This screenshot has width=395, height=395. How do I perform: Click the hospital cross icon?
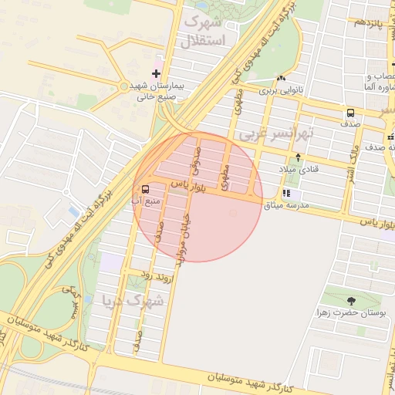coord(156,73)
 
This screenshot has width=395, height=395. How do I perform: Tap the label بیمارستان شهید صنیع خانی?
coord(154,91)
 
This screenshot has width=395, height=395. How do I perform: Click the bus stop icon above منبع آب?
coord(146,189)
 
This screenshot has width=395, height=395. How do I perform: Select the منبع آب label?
coord(146,201)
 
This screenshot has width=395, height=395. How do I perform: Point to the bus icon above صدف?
coord(351,113)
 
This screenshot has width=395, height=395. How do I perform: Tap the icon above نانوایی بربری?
coord(282,79)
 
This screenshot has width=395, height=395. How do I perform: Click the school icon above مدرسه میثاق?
coord(287,194)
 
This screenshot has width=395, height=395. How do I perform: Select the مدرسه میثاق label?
coord(286,205)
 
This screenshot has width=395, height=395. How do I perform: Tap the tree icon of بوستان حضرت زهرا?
coord(352,301)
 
